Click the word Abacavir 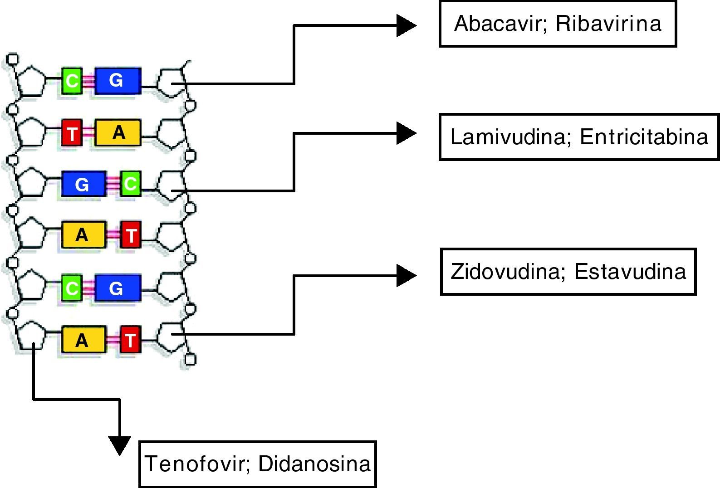pos(497,24)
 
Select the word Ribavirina pos(609,24)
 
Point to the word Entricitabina pos(644,137)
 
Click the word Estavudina pos(630,271)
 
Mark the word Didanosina pos(314,464)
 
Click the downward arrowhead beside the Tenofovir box pos(120,445)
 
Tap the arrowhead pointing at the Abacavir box pos(406,25)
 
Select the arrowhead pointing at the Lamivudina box pos(406,133)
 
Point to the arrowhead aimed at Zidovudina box pos(406,276)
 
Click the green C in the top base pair pos(72,81)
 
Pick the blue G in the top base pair pos(118,81)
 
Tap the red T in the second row pos(72,133)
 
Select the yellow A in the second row pos(118,132)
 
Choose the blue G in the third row pos(83,184)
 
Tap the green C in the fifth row pos(72,288)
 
